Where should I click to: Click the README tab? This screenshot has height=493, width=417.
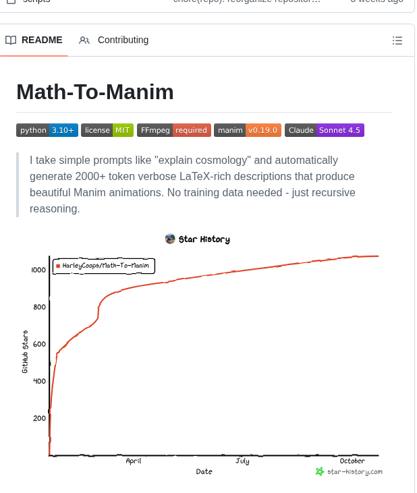34,40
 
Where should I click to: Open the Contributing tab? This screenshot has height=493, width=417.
114,40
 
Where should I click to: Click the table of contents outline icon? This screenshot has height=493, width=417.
397,40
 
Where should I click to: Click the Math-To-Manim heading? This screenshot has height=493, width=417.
95,92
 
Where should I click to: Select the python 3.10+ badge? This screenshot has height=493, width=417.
47,130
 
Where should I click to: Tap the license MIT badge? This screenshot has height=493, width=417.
107,130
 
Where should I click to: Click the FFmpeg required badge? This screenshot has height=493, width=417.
174,130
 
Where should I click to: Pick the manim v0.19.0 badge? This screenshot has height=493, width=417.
247,130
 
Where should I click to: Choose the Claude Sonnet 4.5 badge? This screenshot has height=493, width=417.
325,130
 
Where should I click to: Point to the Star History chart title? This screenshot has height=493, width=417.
198,239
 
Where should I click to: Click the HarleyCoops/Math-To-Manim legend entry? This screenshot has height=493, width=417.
105,266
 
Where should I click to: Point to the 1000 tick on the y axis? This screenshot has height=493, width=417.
38,270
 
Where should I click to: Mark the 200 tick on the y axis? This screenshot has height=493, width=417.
39,418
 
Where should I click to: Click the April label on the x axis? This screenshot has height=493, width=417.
134,461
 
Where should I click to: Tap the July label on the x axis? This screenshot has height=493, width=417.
242,461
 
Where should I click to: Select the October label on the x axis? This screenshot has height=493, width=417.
352,461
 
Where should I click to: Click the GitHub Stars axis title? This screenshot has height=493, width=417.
25,351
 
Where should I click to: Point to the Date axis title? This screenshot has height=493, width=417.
204,471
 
